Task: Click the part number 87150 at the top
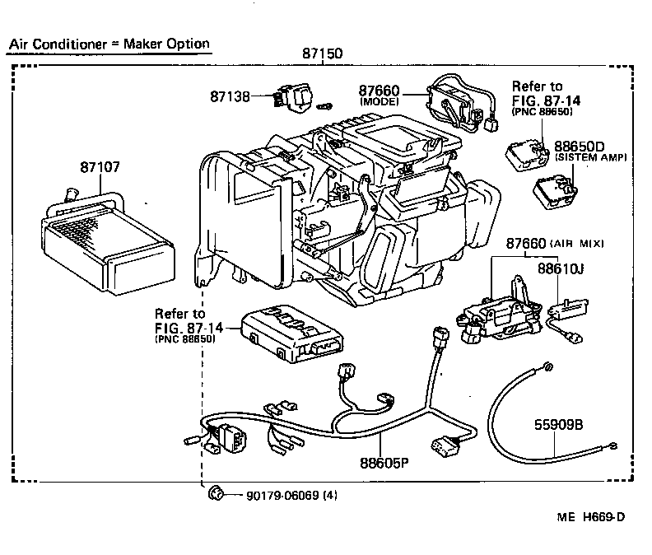tap(322, 54)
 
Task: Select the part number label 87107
tap(100, 166)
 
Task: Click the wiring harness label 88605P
tap(384, 464)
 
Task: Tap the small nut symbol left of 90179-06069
tap(217, 493)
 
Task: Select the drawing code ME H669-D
tap(590, 517)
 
